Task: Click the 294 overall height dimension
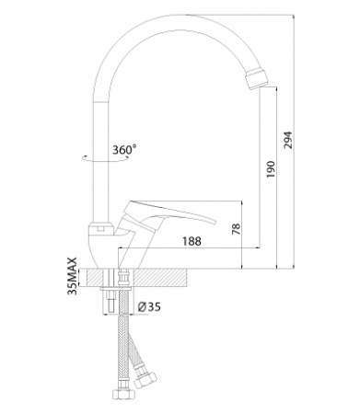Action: [x=288, y=140]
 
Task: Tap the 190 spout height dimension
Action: [x=272, y=169]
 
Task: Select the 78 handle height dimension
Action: [x=237, y=229]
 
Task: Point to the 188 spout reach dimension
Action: [x=192, y=241]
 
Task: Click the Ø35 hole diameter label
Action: [x=149, y=306]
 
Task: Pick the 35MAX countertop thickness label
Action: [x=73, y=276]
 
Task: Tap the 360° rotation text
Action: [x=124, y=150]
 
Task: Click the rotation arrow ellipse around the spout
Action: [x=105, y=158]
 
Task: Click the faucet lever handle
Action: [x=168, y=213]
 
